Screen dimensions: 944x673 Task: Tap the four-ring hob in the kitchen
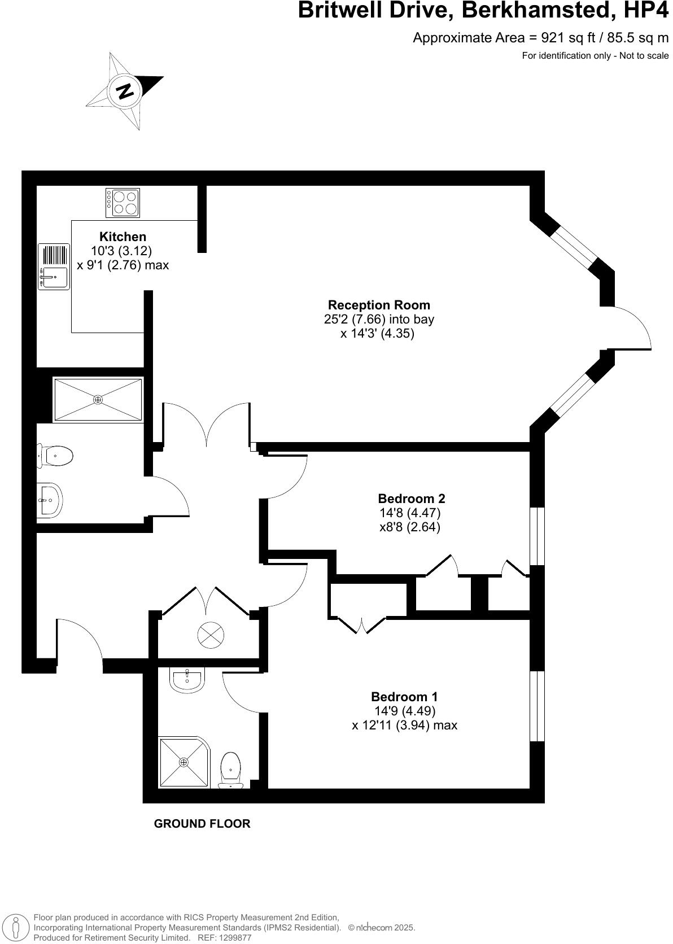[x=123, y=203]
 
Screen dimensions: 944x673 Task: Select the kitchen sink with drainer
[x=54, y=266]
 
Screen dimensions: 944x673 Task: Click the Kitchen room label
[x=123, y=237]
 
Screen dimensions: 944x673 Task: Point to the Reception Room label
[x=379, y=305]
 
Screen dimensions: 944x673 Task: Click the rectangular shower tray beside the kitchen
[x=98, y=400]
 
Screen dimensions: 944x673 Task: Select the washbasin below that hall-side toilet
[x=50, y=500]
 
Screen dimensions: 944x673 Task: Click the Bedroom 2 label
[x=411, y=499]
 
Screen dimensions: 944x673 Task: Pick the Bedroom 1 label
[x=404, y=697]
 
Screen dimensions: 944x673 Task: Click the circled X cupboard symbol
[x=210, y=635]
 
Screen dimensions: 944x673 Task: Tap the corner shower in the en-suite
[x=183, y=762]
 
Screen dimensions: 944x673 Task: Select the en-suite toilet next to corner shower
[x=231, y=769]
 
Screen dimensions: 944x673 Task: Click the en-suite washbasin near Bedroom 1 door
[x=188, y=679]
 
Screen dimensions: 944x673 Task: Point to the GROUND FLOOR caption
[x=202, y=824]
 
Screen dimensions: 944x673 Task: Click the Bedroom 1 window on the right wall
[x=537, y=706]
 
